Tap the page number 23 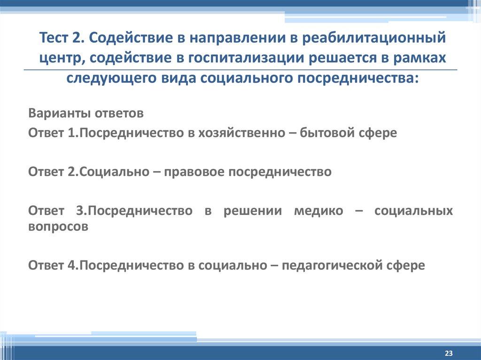(449, 353)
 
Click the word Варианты (60, 114)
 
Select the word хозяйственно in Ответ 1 (235, 133)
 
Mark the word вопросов (58, 226)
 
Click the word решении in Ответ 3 (253, 211)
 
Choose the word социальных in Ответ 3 (413, 211)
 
